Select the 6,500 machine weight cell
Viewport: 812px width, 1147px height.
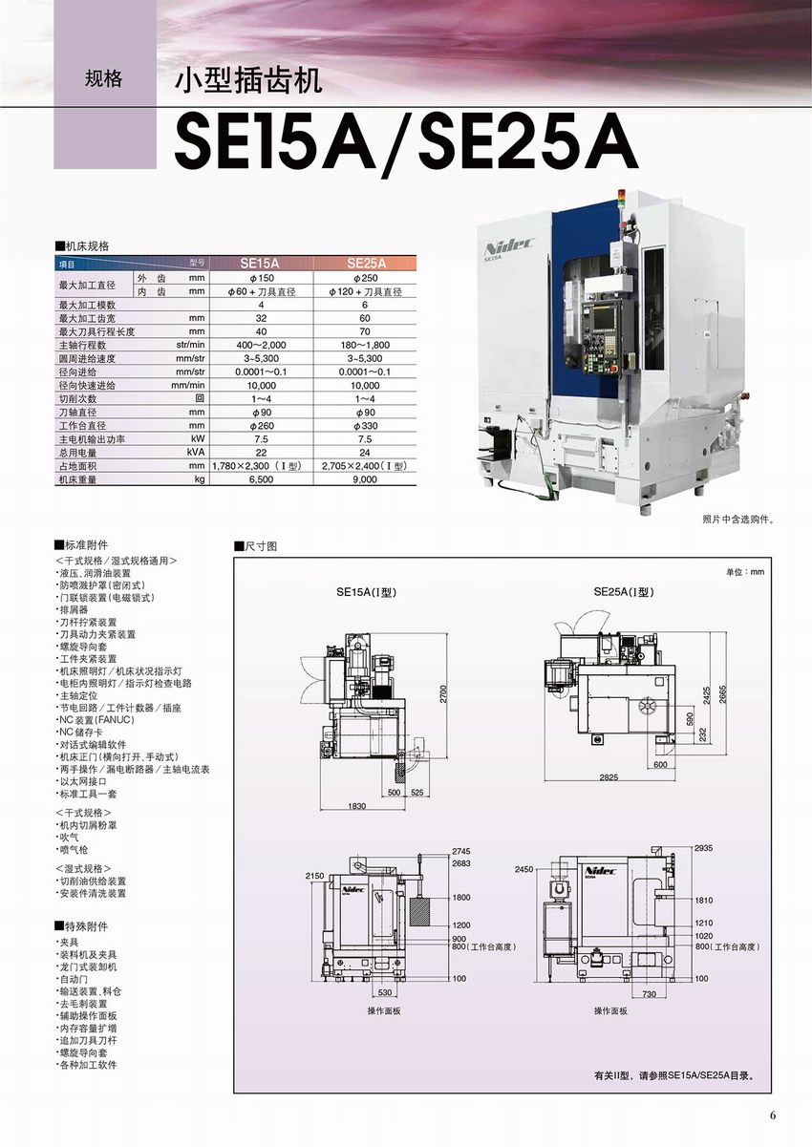coord(261,479)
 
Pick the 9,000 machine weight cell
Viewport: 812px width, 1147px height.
coord(367,479)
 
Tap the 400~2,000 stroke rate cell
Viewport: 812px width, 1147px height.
coord(261,345)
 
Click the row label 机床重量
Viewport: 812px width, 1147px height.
coord(78,479)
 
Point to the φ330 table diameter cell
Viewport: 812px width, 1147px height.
coord(367,425)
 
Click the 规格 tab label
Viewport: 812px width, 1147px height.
coord(103,78)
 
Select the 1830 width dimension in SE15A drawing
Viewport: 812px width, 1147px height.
coord(356,806)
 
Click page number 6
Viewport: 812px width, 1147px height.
coord(774,1114)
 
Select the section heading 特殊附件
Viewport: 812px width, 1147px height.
coord(84,926)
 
